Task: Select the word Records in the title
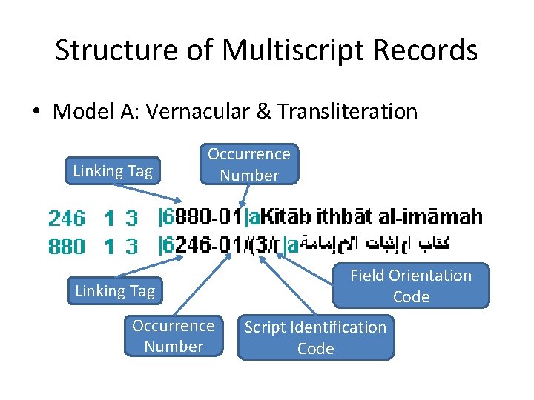(431, 50)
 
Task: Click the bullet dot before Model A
(35, 113)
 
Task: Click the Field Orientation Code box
(411, 286)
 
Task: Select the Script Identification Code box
(315, 338)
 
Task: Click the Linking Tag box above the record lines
(113, 171)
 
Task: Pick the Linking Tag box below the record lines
(115, 291)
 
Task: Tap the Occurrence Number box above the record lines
(248, 164)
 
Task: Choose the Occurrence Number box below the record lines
(174, 336)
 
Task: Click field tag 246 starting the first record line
(66, 218)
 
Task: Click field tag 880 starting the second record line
(66, 245)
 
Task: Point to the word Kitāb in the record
(287, 218)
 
